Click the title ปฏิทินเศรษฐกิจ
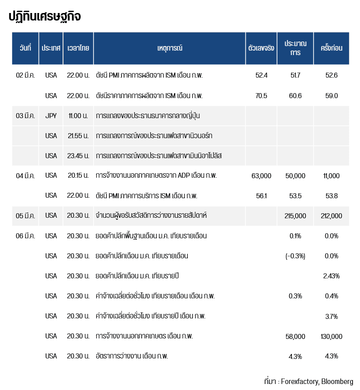coord(45,17)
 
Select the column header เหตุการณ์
coord(169,48)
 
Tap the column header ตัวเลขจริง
coord(261,48)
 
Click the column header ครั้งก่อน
coord(331,48)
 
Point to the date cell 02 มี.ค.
coord(26,75)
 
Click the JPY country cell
coord(51,116)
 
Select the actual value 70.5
coord(261,96)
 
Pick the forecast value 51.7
coord(295,75)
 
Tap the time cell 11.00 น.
coord(78,116)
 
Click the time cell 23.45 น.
coord(78,156)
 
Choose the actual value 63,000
coord(261,176)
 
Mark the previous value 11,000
coord(331,176)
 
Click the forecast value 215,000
coord(295,216)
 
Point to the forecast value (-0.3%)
coord(295,256)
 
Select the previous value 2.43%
coord(331,276)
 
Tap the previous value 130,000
coord(331,336)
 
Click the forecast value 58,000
coord(295,336)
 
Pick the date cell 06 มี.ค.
coord(26,236)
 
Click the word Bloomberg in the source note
coord(337,381)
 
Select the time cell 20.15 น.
coord(78,176)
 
